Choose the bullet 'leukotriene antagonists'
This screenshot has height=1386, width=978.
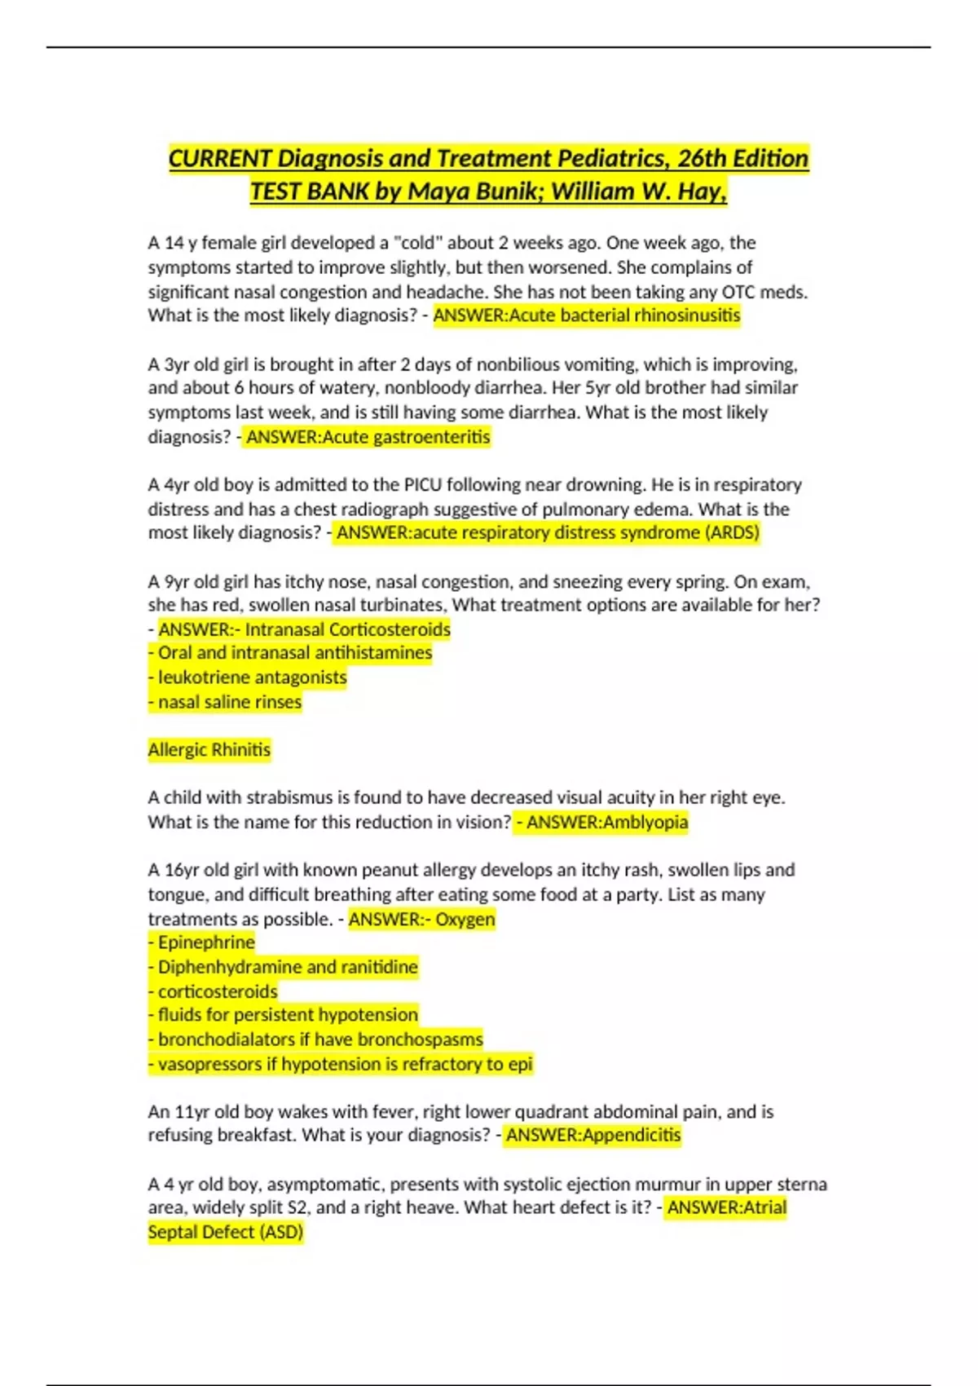tap(252, 678)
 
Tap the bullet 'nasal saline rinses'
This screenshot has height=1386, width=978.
tap(229, 702)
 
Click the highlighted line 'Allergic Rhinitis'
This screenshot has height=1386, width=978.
tap(209, 750)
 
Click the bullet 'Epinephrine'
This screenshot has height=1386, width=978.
tap(205, 942)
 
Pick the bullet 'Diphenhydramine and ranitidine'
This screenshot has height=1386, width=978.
tap(287, 967)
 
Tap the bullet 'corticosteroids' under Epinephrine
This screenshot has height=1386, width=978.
tap(217, 991)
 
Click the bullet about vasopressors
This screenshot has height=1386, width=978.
tap(344, 1064)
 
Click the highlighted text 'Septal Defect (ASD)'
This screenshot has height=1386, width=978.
tap(225, 1232)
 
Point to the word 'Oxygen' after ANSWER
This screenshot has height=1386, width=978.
tap(465, 919)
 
